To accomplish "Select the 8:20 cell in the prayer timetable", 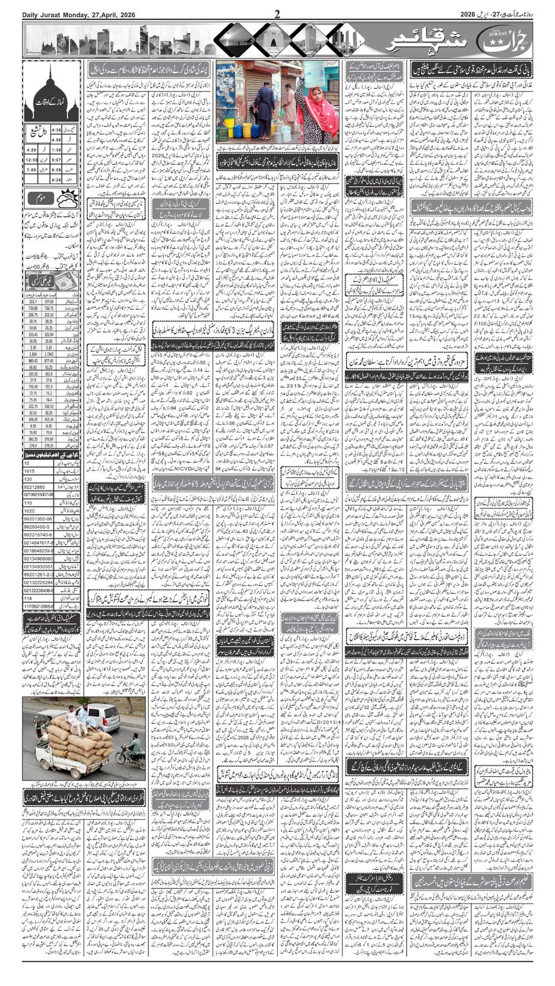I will coord(57,178).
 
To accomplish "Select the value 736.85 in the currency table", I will coord(33,309).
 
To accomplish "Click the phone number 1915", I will coord(30,470).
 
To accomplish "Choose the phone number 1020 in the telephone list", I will coord(30,511).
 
